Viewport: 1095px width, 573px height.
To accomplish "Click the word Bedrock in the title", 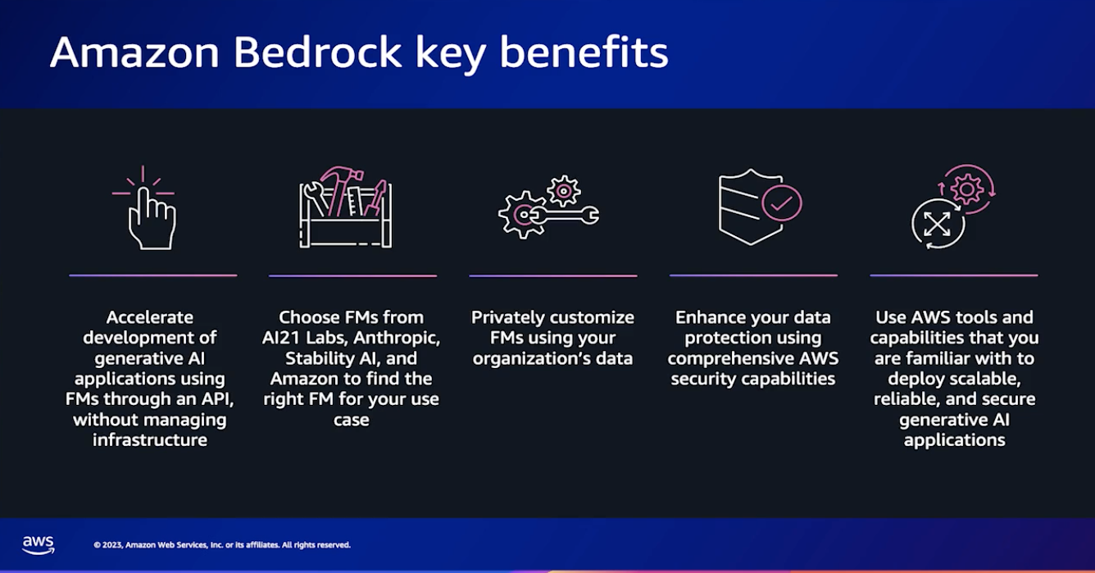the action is [x=317, y=52].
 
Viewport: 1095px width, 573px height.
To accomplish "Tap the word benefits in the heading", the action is [x=584, y=52].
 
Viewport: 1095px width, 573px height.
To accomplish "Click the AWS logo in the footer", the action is [x=39, y=545].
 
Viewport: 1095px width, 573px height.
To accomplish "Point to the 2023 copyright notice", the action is [x=222, y=544].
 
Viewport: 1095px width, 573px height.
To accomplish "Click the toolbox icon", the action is [x=346, y=207].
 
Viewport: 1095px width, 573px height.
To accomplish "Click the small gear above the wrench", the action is [x=564, y=190].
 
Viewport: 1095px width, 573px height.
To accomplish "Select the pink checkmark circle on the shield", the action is [x=781, y=203].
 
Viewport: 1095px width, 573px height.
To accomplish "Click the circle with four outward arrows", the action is [x=937, y=225].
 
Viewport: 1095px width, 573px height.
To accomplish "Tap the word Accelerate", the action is [x=150, y=317].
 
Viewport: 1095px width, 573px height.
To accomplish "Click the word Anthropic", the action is [x=397, y=338].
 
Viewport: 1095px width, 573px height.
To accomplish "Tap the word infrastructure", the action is [x=150, y=440].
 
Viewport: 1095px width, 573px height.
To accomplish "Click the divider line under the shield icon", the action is [x=753, y=275].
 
